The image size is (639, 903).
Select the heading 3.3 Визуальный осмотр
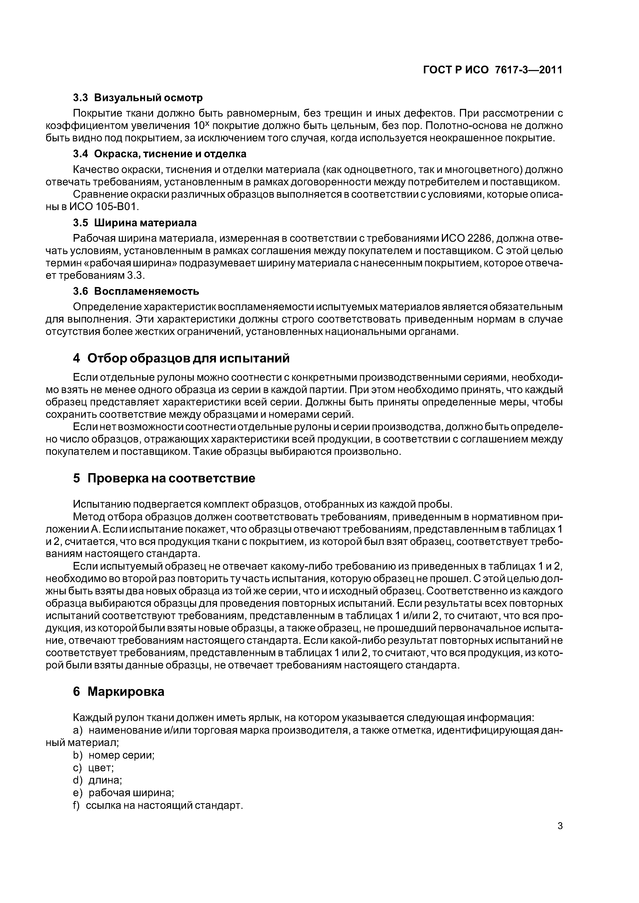(138, 97)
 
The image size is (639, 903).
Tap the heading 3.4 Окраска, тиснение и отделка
(159, 153)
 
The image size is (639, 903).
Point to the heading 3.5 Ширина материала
(135, 223)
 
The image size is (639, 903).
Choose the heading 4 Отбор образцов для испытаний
(181, 358)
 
